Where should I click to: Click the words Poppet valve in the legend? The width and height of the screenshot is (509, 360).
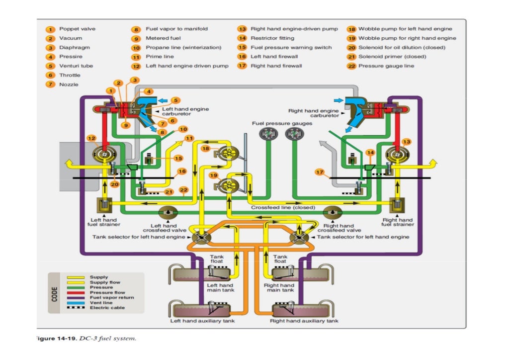(x=77, y=29)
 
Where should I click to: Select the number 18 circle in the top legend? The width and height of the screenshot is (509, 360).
(x=351, y=29)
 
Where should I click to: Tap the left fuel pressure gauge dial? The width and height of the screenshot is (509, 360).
(x=267, y=134)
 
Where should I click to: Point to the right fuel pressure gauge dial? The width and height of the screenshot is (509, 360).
(x=293, y=134)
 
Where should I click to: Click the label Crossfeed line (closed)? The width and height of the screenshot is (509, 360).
(x=283, y=207)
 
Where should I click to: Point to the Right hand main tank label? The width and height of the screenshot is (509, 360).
(x=279, y=288)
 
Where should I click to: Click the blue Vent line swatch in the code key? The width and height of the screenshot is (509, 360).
(x=76, y=303)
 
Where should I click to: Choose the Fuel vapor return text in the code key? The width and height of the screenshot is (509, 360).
(x=112, y=297)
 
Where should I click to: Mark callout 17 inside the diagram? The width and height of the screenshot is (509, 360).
(x=320, y=172)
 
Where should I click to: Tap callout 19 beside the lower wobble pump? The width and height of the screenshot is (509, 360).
(x=213, y=176)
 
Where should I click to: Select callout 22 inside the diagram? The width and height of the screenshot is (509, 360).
(x=183, y=189)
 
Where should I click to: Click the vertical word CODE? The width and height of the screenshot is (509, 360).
(x=56, y=293)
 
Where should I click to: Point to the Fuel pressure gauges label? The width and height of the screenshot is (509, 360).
(x=282, y=123)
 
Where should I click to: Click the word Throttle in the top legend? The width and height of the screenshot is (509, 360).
(x=70, y=75)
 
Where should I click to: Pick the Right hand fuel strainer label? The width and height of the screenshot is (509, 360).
(x=398, y=222)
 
